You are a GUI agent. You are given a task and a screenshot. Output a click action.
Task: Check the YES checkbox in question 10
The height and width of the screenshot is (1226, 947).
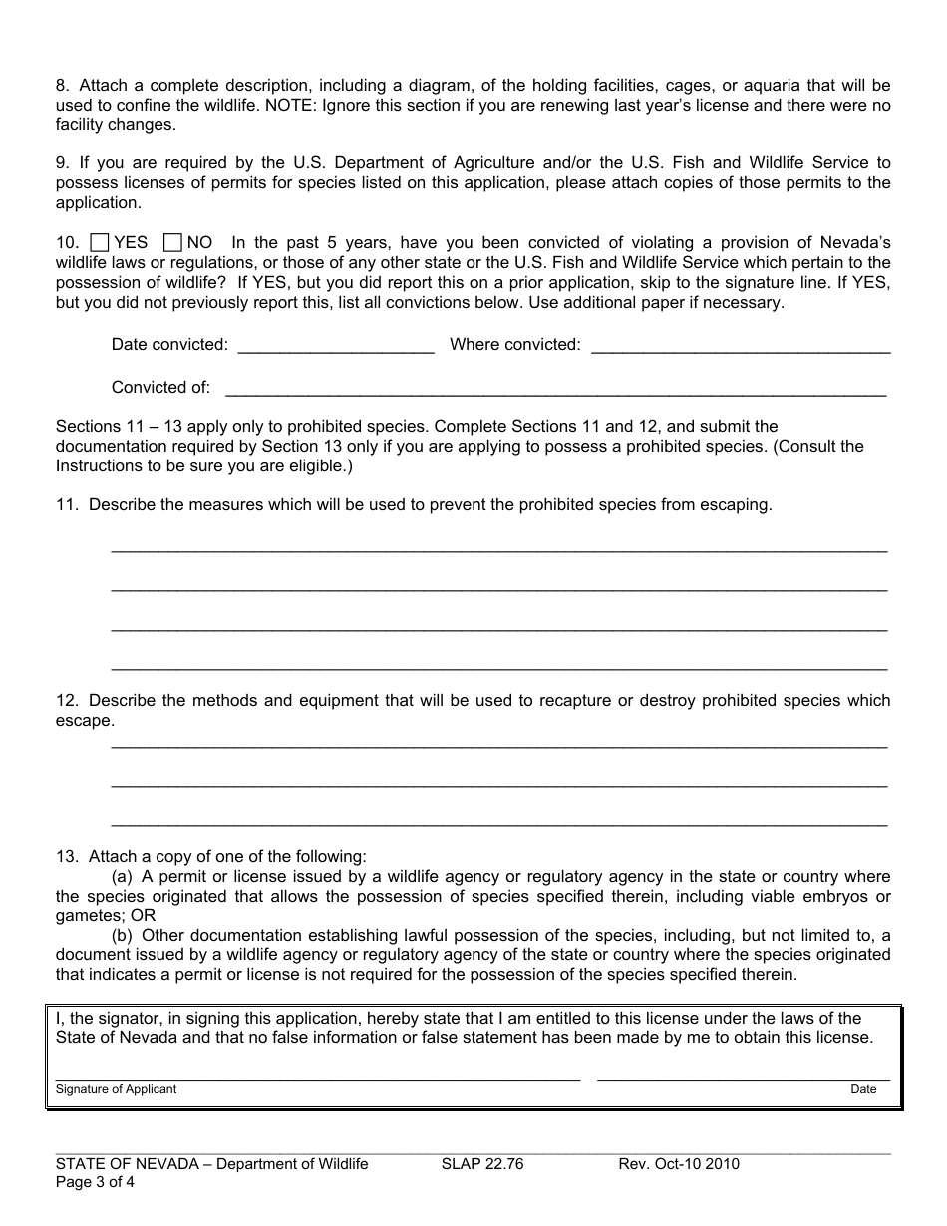[100, 242]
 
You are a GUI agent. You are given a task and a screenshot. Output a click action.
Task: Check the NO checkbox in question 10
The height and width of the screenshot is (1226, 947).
[172, 242]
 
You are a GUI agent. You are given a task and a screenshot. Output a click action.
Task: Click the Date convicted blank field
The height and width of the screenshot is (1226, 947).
[336, 346]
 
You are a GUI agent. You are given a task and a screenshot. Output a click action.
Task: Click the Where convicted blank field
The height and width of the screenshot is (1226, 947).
[740, 346]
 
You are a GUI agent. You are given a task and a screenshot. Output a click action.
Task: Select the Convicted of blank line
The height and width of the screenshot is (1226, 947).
[555, 389]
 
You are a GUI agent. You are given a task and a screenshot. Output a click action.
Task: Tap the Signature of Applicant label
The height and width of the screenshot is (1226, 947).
[116, 1089]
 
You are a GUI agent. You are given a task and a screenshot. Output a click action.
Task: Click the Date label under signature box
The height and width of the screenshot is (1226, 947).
[863, 1089]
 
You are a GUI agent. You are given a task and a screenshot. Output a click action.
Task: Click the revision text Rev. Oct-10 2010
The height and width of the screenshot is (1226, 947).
[679, 1164]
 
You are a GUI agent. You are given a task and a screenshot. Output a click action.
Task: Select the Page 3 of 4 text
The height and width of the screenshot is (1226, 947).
[95, 1183]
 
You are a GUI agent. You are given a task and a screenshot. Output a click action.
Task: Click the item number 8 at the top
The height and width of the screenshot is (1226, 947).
[61, 86]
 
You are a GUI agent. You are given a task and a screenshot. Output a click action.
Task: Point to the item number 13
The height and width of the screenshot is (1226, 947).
[66, 856]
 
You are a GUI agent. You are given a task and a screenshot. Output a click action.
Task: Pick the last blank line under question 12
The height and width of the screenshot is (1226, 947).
[498, 823]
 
